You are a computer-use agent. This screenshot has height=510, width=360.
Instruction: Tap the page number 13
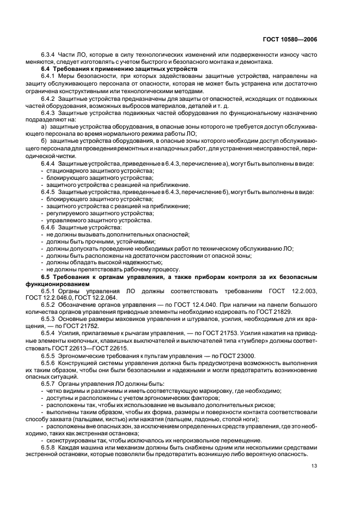tap(314, 465)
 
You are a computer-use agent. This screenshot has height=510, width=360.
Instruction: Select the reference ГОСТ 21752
tap(89, 325)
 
